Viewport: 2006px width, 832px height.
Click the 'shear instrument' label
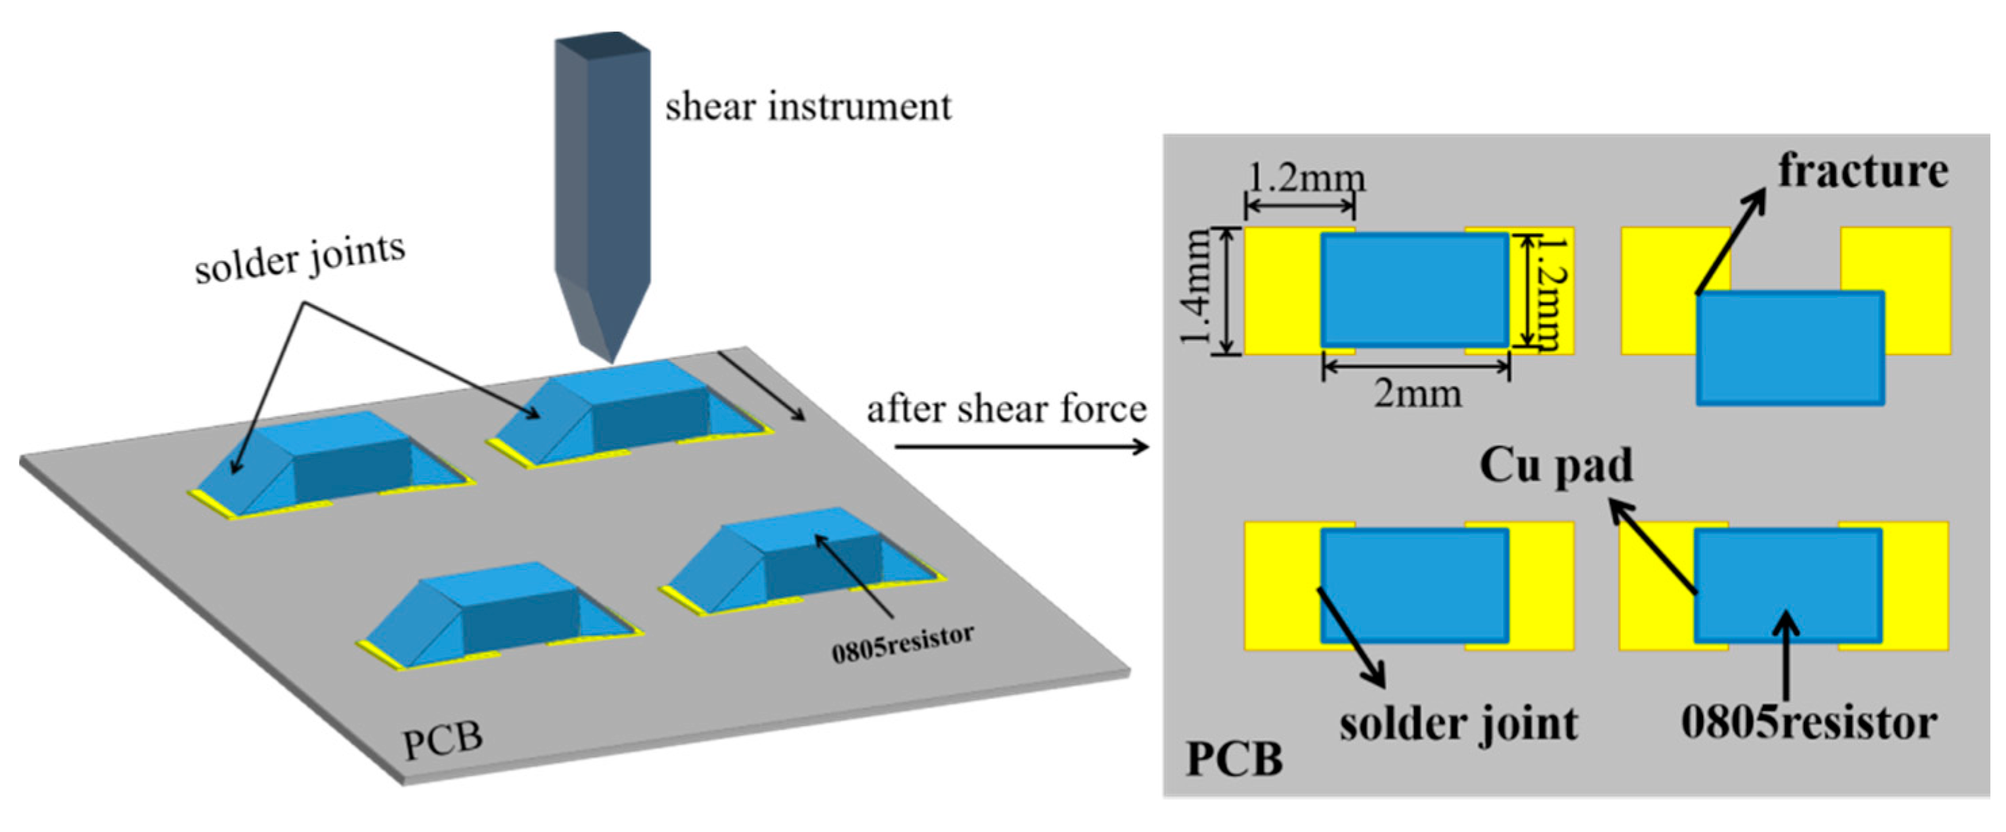[x=807, y=108]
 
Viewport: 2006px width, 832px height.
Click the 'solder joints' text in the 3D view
[x=300, y=258]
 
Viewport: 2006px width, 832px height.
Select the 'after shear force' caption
[x=1006, y=409]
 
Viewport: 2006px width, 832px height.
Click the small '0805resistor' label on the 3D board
[x=903, y=644]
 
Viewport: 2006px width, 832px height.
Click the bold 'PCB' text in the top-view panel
[x=1234, y=760]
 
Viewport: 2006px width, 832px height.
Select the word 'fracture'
[x=1863, y=171]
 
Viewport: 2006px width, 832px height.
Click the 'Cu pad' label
[x=1556, y=466]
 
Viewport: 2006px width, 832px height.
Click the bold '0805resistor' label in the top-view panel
[x=1809, y=722]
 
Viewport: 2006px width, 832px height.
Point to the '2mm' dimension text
[x=1417, y=394]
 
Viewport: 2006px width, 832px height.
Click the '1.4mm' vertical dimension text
[x=1195, y=288]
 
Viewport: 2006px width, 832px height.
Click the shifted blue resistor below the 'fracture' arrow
[x=1790, y=348]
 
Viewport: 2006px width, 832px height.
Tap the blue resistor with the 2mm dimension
[x=1415, y=290]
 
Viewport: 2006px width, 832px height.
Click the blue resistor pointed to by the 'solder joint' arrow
[x=1415, y=585]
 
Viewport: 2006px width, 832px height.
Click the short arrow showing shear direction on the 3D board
[x=761, y=386]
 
